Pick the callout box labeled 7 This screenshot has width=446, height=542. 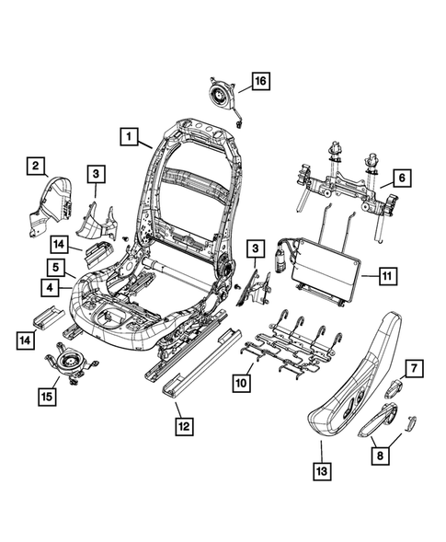pos(414,369)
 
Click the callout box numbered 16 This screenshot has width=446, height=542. pos(260,82)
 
